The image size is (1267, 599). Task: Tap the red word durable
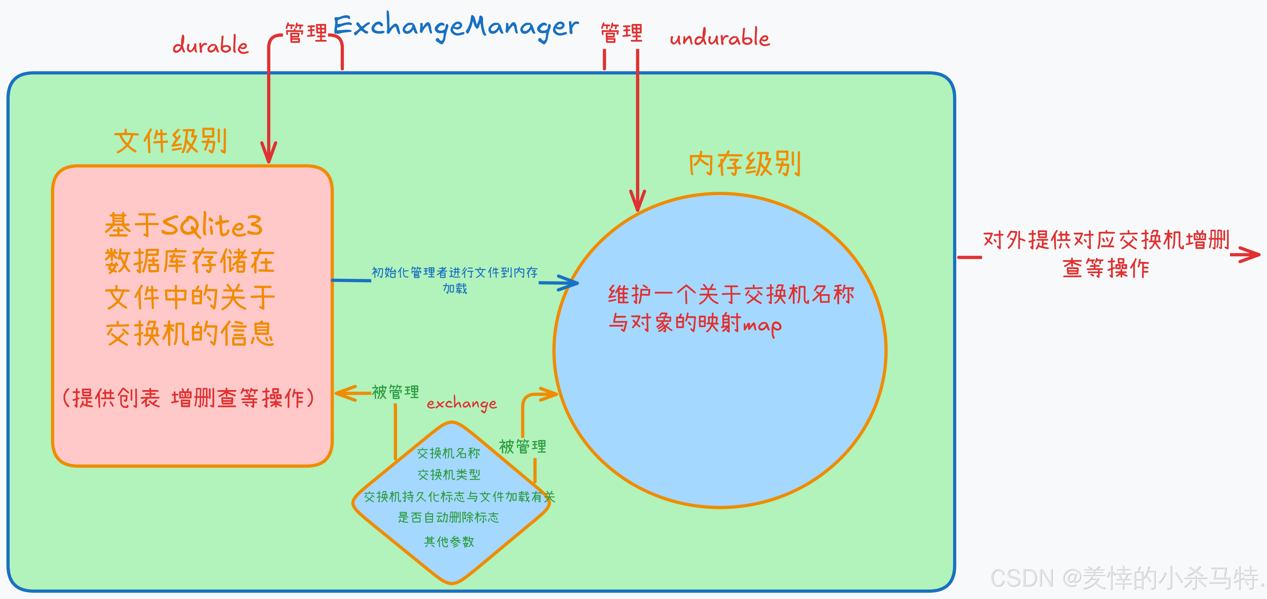211,45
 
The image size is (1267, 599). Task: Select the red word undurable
720,37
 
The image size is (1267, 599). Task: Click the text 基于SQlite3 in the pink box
184,225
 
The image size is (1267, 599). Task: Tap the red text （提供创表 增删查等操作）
188,398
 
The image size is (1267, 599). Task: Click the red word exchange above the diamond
461,404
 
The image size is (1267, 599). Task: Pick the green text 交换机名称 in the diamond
449,453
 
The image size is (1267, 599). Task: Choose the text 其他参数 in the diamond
449,542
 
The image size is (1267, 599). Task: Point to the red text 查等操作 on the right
1106,268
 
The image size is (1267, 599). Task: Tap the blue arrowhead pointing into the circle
570,283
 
